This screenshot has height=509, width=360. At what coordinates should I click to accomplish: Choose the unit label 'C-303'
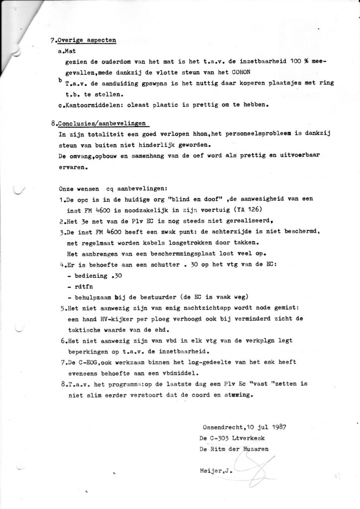tap(224, 438)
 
